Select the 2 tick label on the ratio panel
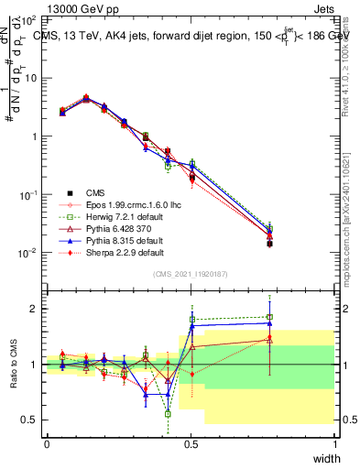click(34, 309)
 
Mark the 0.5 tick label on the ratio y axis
click(29, 420)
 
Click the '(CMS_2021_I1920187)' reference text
click(191, 274)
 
